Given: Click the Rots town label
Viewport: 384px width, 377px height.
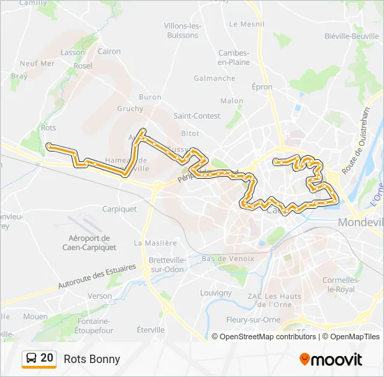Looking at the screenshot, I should tap(48, 128).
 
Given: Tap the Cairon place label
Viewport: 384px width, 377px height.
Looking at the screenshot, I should tap(109, 51).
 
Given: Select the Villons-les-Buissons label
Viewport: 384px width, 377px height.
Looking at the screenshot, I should tap(182, 30).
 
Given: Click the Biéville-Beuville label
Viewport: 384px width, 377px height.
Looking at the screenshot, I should tap(351, 36).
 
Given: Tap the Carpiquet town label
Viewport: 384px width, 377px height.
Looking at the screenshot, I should tap(119, 208).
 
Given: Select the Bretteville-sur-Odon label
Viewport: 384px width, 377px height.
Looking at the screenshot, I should tap(166, 265).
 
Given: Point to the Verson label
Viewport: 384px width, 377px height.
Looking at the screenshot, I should tap(99, 296).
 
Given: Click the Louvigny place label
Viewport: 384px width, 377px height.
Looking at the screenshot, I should tap(215, 293).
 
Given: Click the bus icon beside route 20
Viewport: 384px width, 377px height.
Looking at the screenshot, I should tap(30, 359).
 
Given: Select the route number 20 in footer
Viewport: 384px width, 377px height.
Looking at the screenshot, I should tap(47, 358).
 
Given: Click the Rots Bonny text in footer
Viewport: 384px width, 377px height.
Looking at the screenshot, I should tap(91, 360).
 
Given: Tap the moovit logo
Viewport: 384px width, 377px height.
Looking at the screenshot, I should tap(331, 360).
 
